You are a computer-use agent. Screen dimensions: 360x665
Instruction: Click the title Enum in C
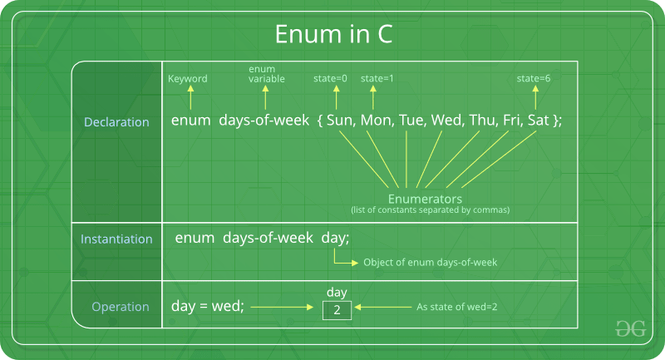(x=332, y=36)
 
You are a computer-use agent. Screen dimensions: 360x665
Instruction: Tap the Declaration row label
(x=116, y=122)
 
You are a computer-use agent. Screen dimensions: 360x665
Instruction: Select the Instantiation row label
(x=116, y=239)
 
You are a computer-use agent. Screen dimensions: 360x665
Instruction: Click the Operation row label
(x=121, y=307)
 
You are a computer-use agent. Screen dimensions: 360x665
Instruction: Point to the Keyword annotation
(x=188, y=79)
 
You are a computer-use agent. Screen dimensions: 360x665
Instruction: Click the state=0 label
(x=330, y=79)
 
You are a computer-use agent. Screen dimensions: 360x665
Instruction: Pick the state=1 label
(x=377, y=79)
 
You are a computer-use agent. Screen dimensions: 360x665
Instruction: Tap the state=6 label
(x=534, y=79)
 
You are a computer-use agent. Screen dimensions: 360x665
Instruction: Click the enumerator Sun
(x=342, y=121)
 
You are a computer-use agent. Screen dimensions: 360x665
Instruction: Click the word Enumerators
(x=425, y=200)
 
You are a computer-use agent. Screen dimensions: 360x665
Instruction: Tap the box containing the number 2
(x=337, y=310)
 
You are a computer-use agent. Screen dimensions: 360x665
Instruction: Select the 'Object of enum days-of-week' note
(x=430, y=262)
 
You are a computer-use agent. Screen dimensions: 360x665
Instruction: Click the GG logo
(x=630, y=329)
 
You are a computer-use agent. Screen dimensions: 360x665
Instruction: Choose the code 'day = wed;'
(x=208, y=306)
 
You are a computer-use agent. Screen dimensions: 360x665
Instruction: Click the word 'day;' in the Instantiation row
(x=335, y=239)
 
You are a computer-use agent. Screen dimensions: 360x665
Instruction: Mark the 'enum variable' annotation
(x=268, y=73)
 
